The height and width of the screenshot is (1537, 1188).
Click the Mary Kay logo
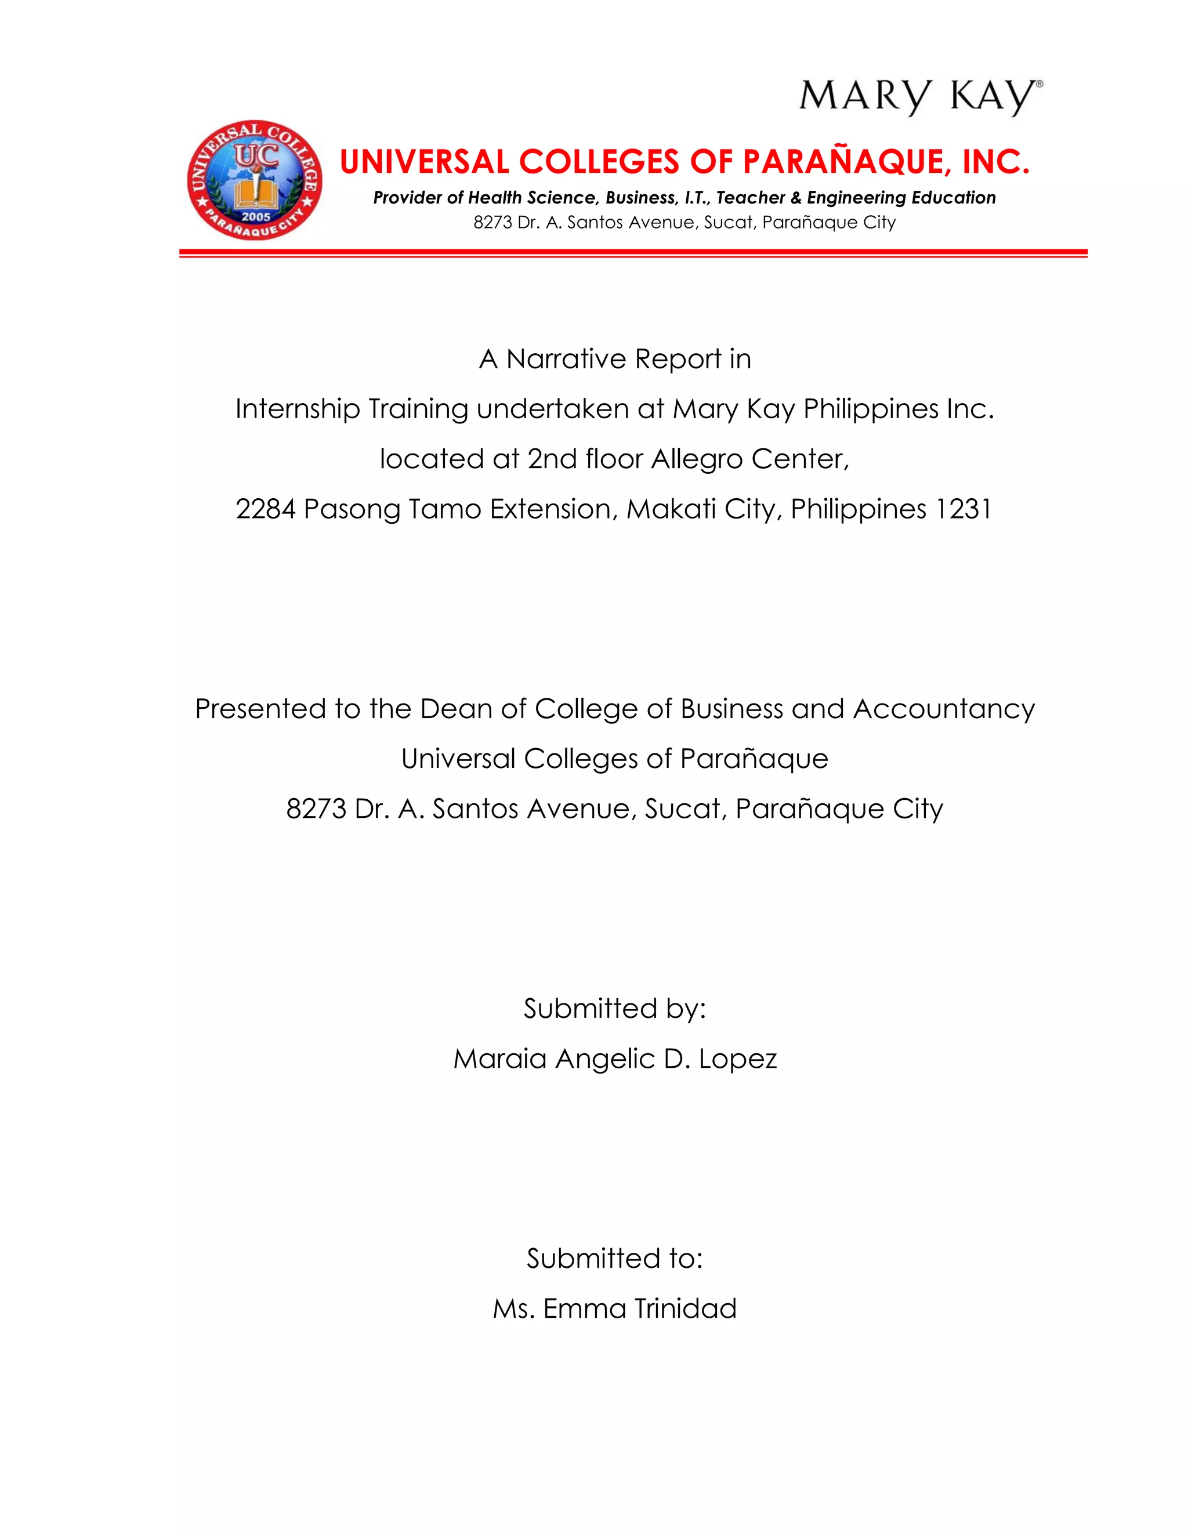pos(920,96)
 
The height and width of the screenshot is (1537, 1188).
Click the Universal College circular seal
pos(255,180)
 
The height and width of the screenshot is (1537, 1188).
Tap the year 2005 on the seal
pos(256,217)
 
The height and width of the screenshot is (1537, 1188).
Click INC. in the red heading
pos(995,162)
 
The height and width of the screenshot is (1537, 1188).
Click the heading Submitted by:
pos(614,1009)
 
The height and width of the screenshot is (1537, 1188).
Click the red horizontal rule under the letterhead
pos(633,252)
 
